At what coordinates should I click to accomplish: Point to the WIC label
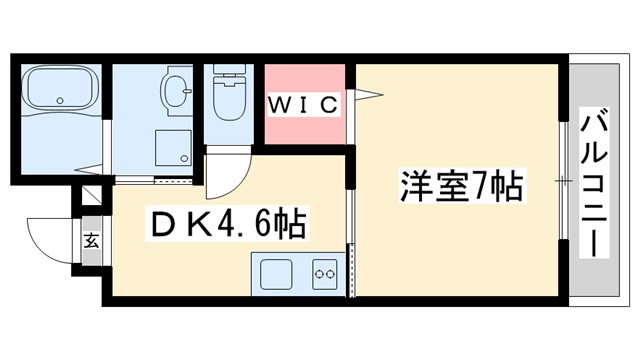[305, 103]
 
